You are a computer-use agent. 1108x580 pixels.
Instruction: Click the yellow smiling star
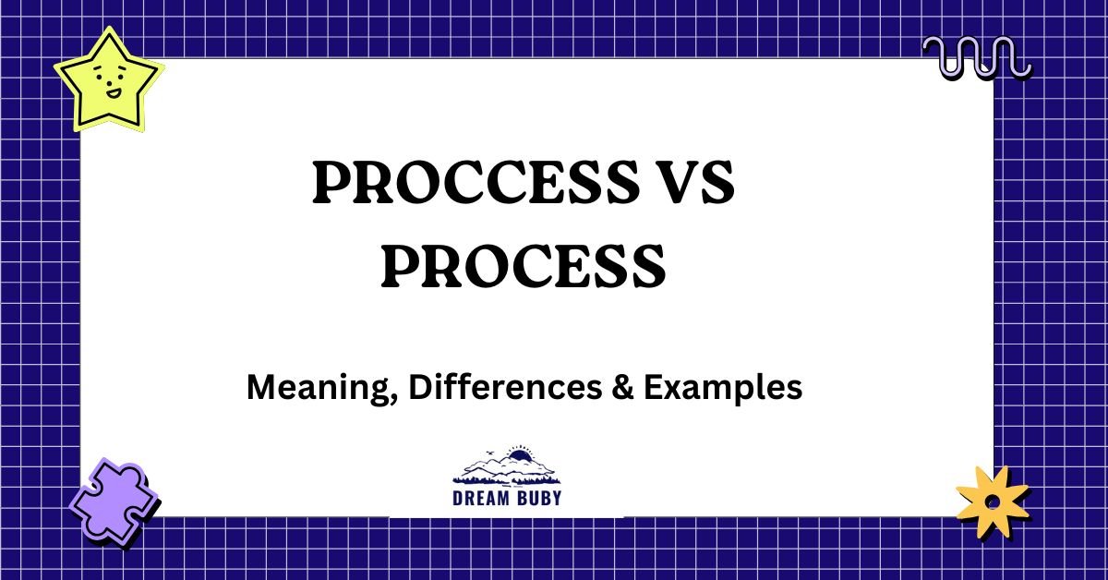click(107, 80)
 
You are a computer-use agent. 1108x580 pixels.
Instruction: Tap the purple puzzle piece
click(112, 504)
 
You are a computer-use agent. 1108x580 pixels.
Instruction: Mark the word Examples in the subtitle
click(722, 389)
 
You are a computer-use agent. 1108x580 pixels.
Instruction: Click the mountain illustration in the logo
click(506, 469)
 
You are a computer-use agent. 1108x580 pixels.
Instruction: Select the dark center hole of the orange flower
click(991, 501)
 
